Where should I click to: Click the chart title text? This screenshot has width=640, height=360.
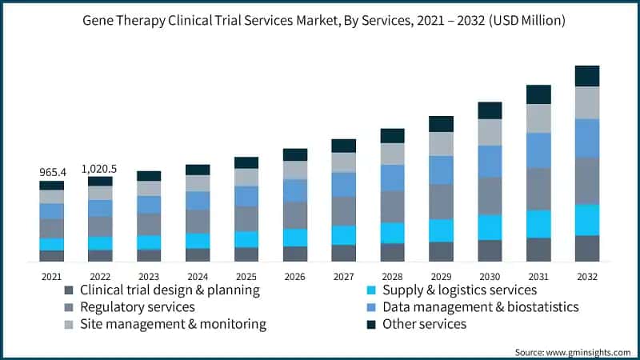coord(320,21)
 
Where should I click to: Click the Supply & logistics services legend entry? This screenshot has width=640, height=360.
coord(459,290)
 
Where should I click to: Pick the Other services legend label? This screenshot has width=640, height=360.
coord(424,324)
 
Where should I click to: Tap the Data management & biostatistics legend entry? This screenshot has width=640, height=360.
coord(480,306)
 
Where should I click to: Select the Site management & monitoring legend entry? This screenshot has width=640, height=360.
coord(173,324)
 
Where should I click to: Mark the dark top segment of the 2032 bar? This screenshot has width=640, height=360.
coord(587,76)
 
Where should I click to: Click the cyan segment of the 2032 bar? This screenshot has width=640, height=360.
coord(587,220)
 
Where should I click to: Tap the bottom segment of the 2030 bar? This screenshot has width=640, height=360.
coord(490,250)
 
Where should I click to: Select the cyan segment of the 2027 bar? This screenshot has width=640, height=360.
coord(344,234)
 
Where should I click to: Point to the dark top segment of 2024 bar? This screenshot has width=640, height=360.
coord(198,170)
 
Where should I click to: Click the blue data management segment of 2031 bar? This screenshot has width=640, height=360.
coord(538,150)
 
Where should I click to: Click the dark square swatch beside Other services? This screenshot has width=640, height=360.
coord(370,324)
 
